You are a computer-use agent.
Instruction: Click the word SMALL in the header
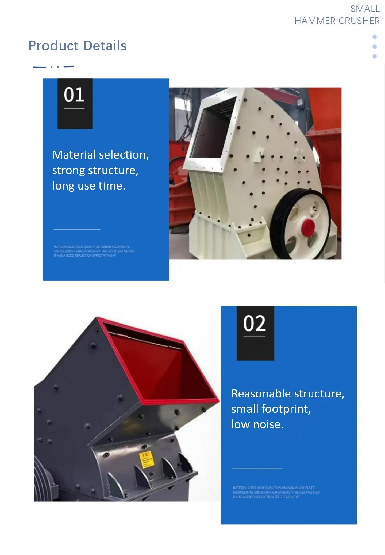(365, 9)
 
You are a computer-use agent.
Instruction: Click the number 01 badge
(74, 95)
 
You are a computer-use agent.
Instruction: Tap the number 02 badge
(255, 324)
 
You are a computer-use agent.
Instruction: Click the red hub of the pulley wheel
(308, 228)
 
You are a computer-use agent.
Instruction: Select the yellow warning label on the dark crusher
(146, 459)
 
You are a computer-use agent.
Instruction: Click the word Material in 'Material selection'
(74, 155)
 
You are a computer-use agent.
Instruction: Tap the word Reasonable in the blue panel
(261, 394)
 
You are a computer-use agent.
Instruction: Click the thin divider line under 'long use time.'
(77, 229)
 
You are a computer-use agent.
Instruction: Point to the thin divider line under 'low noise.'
(257, 469)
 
